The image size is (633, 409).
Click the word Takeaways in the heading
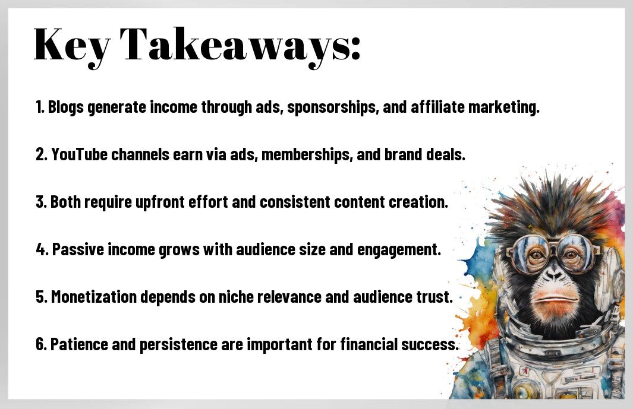click(x=240, y=45)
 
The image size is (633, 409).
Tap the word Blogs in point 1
click(x=66, y=107)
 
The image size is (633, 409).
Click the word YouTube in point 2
click(x=79, y=154)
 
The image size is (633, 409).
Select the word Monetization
click(x=94, y=297)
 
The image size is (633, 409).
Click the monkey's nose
click(x=554, y=274)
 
